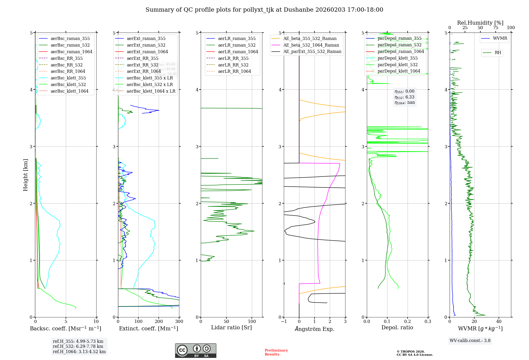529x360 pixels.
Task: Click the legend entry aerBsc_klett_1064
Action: coord(69,91)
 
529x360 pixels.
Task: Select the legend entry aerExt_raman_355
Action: coord(146,39)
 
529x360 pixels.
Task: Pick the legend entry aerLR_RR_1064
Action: coord(234,71)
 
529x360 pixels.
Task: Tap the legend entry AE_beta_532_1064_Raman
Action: coord(311,45)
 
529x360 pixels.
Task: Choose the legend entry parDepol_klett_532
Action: coord(398,65)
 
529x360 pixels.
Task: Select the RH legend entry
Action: coord(498,53)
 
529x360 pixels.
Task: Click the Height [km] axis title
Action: coord(25,175)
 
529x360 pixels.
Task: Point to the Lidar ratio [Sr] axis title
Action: coord(231,328)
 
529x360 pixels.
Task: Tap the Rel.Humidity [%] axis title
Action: coord(480,23)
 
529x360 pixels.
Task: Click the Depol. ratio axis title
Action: coord(397,328)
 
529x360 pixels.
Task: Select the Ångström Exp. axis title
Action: coord(314,329)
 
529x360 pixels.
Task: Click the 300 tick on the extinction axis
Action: coord(179,322)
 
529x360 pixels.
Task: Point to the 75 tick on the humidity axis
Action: coord(495,28)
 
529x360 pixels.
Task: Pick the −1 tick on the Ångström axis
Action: coord(284,322)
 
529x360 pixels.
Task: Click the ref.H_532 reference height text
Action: coord(78,346)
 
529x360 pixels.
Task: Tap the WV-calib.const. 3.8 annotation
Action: coord(470,341)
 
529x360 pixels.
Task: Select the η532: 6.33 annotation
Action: coord(404,97)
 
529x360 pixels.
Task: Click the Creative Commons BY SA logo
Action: coord(195,351)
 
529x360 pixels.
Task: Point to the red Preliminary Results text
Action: coord(276,352)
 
